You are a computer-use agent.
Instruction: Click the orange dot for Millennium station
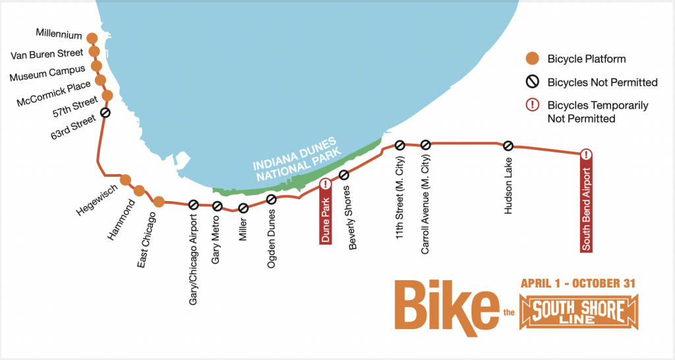(x=92, y=39)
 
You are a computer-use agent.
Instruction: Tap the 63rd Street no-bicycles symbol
(x=105, y=113)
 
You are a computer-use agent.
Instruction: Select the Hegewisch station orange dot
(x=126, y=180)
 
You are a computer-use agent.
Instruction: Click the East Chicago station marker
(x=159, y=201)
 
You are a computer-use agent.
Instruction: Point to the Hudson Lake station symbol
(x=508, y=146)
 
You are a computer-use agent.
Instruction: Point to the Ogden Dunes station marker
(x=271, y=199)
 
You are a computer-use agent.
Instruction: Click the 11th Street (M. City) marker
(x=399, y=145)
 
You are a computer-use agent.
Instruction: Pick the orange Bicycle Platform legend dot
(x=532, y=59)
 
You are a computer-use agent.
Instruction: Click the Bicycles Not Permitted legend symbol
(x=532, y=82)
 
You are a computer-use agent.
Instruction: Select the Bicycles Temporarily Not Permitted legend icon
(x=532, y=105)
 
